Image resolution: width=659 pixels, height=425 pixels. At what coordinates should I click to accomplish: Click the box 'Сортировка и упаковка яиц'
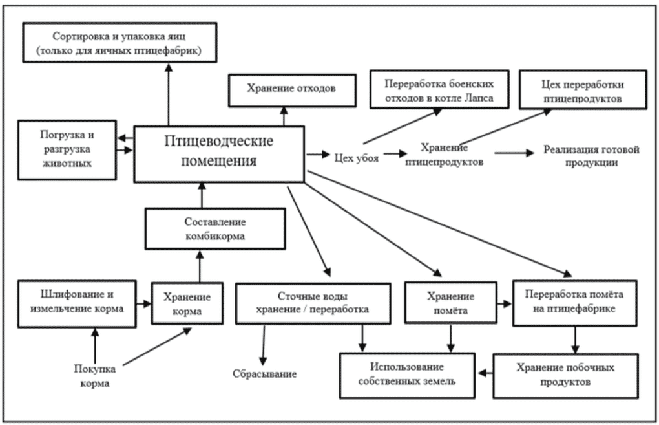coord(120,43)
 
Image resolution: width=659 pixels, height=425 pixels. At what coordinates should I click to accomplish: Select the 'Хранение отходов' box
coord(292,91)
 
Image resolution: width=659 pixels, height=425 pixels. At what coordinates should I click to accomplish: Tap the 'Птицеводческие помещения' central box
coord(219,154)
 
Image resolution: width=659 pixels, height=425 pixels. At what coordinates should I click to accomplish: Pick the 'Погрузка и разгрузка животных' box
coord(67,150)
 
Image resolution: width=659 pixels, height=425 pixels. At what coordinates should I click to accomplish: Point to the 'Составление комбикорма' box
coord(215,229)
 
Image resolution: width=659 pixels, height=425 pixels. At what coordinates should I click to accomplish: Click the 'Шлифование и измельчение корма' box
coord(77,304)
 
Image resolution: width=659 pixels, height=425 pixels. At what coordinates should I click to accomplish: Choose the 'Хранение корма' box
coord(187,303)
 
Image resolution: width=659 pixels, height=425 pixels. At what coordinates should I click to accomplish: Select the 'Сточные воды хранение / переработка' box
coord(313,303)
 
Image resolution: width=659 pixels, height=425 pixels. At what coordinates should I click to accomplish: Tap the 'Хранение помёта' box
coord(450,303)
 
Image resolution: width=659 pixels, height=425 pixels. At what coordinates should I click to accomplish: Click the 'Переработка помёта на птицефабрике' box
coord(574,303)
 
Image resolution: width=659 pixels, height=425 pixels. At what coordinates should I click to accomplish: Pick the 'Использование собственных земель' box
coord(407,375)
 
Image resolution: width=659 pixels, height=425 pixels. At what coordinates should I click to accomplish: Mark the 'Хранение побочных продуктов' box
coord(566,376)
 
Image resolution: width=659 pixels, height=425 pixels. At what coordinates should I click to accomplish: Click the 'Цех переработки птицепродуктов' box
coord(583,90)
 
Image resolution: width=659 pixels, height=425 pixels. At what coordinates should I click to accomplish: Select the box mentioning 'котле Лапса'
coord(439,89)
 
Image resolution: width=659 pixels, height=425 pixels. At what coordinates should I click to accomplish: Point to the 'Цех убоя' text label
coord(357,158)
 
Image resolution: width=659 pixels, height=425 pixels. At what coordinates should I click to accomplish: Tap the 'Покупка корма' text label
coord(95,376)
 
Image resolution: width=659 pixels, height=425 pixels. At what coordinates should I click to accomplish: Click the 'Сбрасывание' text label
coord(265,374)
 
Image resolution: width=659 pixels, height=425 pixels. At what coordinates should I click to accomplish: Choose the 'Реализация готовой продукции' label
coord(591,156)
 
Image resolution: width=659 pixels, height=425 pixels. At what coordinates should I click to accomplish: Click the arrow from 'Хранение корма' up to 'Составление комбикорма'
coord(200,267)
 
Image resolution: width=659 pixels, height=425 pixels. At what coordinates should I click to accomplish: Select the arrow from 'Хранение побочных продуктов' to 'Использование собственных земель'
coord(485,373)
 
